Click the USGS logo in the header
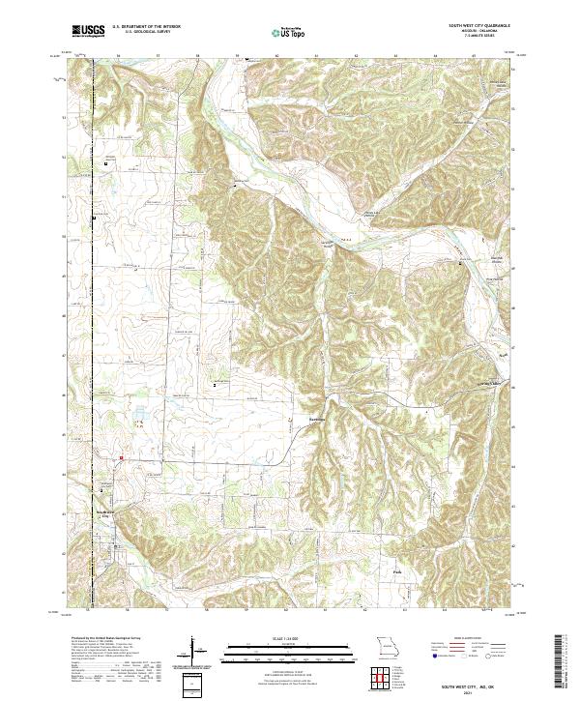pos(88,32)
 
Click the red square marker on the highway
pos(121,457)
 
